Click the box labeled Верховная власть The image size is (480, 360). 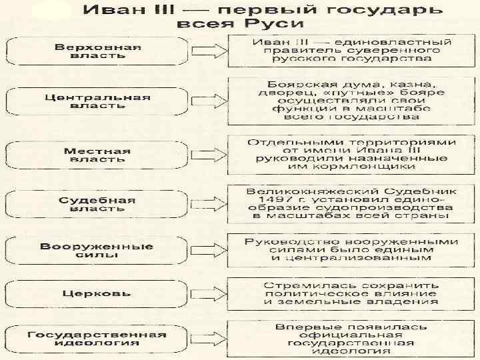[x=97, y=52]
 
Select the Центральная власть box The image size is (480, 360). [x=97, y=101]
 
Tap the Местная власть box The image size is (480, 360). [x=97, y=154]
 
